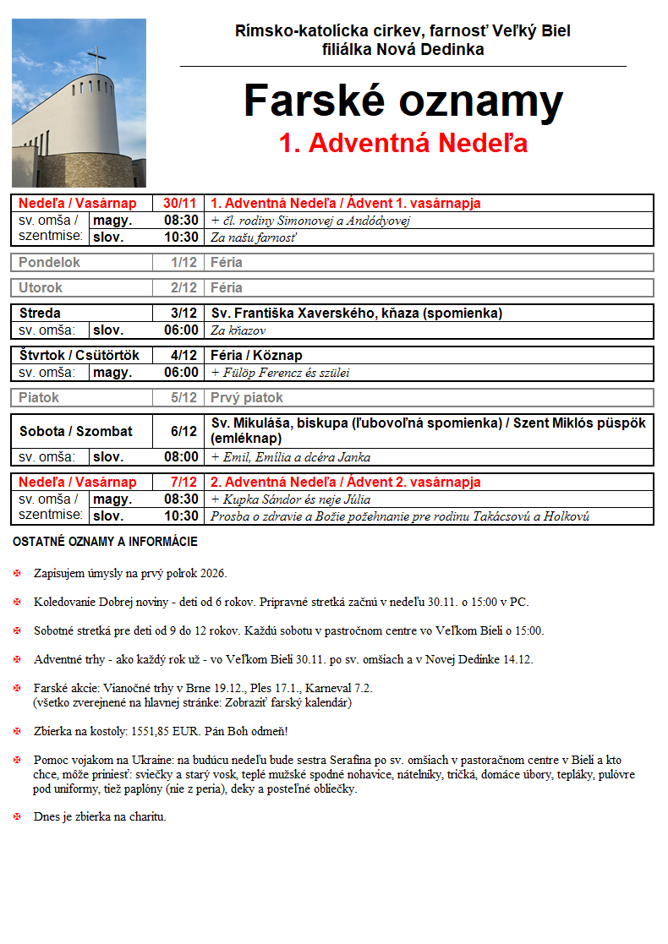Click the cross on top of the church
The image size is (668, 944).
tap(98, 60)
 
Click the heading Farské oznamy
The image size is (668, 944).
tap(403, 101)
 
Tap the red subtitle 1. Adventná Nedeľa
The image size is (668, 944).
tap(403, 143)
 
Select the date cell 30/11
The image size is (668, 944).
tap(179, 204)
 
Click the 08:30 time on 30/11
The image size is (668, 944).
tap(181, 221)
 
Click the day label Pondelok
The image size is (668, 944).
tap(49, 263)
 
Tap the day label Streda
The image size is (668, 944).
tap(40, 313)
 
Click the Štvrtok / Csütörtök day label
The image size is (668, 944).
tap(79, 355)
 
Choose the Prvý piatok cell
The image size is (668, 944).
tap(247, 397)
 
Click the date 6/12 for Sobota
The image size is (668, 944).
tap(183, 431)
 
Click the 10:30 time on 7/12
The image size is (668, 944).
tap(181, 516)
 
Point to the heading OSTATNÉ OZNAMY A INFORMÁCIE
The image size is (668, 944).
tap(105, 542)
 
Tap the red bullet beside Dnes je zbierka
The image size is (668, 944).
tap(19, 817)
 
